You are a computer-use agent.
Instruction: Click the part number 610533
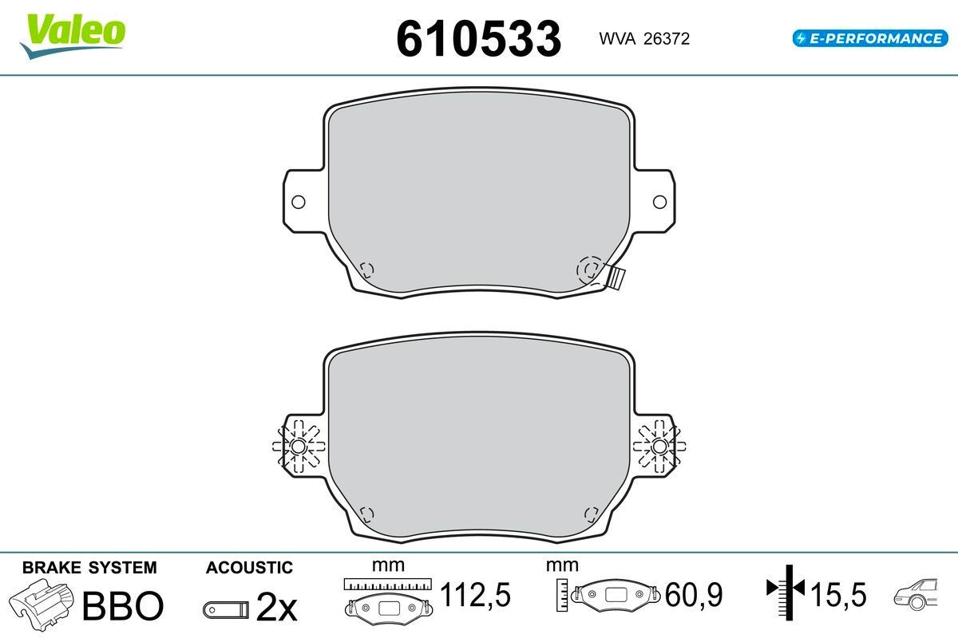pyautogui.click(x=478, y=39)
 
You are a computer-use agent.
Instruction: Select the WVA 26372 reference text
pyautogui.click(x=644, y=39)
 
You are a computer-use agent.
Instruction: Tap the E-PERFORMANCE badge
pyautogui.click(x=870, y=38)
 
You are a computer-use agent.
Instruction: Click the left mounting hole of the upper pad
pyautogui.click(x=298, y=202)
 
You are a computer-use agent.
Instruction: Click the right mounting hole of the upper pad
pyautogui.click(x=659, y=202)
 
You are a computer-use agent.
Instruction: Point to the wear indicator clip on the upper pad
pyautogui.click(x=615, y=278)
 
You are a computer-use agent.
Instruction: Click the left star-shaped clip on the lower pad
pyautogui.click(x=298, y=447)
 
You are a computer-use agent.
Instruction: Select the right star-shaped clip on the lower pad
pyautogui.click(x=659, y=447)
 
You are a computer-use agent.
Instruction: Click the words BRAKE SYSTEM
pyautogui.click(x=89, y=568)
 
